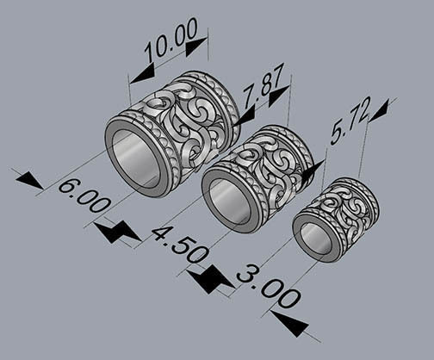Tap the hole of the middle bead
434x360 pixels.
coord(229,203)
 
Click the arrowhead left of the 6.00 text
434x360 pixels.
coord(28,180)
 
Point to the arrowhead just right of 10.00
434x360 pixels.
coord(195,46)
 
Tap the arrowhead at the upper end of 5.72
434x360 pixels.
coord(377,109)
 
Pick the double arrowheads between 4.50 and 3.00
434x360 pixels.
coord(211,278)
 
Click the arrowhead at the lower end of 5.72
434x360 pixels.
coord(312,169)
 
